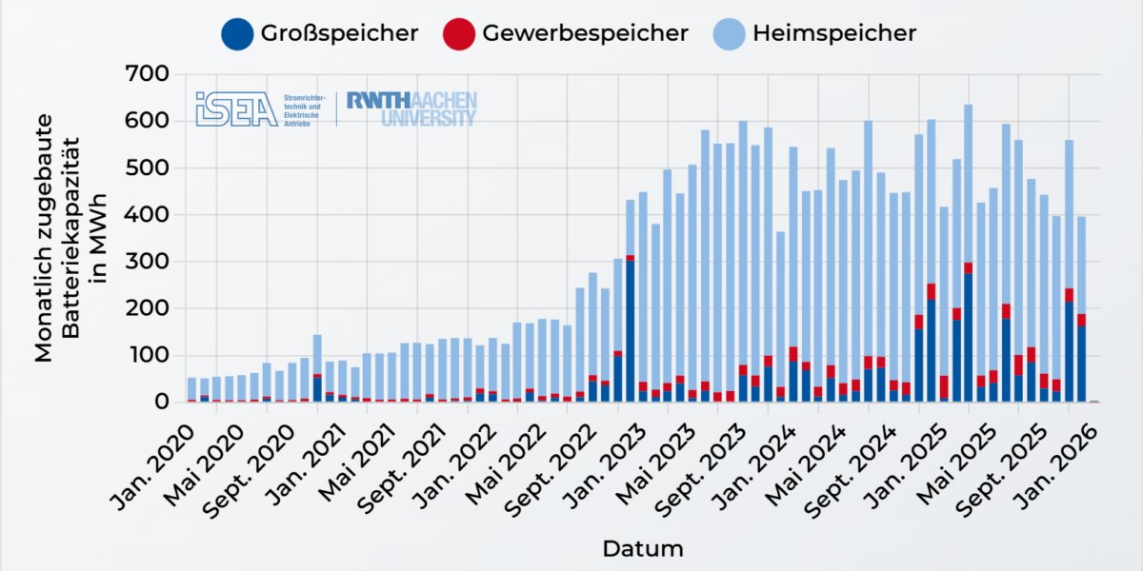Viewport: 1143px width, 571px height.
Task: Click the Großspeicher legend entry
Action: [319, 33]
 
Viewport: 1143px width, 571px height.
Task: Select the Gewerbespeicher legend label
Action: [585, 33]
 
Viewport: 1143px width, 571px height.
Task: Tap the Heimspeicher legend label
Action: [834, 33]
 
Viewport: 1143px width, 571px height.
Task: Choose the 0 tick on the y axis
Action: [161, 403]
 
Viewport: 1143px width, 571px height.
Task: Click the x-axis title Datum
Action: [642, 549]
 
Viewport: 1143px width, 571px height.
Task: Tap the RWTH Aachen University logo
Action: [411, 108]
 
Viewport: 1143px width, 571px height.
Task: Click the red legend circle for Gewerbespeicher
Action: [459, 34]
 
